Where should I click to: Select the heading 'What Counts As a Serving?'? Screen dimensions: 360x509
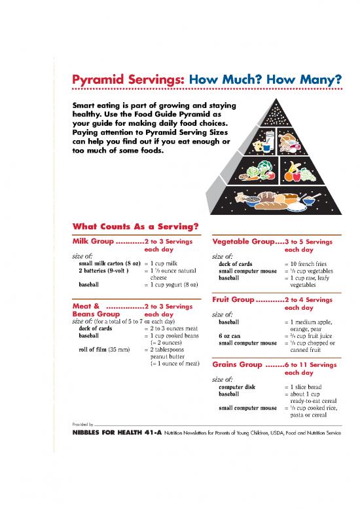point(135,227)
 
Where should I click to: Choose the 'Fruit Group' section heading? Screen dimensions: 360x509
point(233,299)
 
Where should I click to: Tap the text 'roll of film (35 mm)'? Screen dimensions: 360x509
point(103,349)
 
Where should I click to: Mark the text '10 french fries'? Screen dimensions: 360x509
point(313,263)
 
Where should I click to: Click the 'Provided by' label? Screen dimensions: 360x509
point(82,424)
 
